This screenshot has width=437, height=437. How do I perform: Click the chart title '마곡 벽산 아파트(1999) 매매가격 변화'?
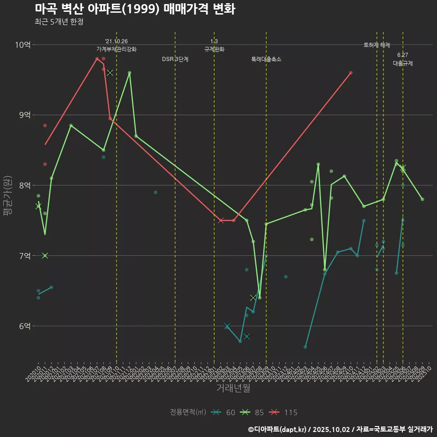pyautogui.click(x=135, y=9)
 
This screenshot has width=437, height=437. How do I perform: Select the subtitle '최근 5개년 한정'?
pyautogui.click(x=59, y=22)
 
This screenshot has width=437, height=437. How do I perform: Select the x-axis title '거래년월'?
pyautogui.click(x=233, y=388)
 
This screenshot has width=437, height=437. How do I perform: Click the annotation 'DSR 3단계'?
pyautogui.click(x=175, y=59)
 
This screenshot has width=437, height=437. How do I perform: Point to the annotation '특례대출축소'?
pyautogui.click(x=266, y=59)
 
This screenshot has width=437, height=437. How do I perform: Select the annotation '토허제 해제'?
pyautogui.click(x=377, y=45)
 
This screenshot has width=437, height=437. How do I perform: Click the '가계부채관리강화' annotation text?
pyautogui.click(x=117, y=49)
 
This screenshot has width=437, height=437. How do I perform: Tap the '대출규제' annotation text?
pyautogui.click(x=403, y=64)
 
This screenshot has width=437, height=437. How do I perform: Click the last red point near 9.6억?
pyautogui.click(x=351, y=73)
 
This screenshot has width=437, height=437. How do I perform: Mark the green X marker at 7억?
pyautogui.click(x=45, y=255)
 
